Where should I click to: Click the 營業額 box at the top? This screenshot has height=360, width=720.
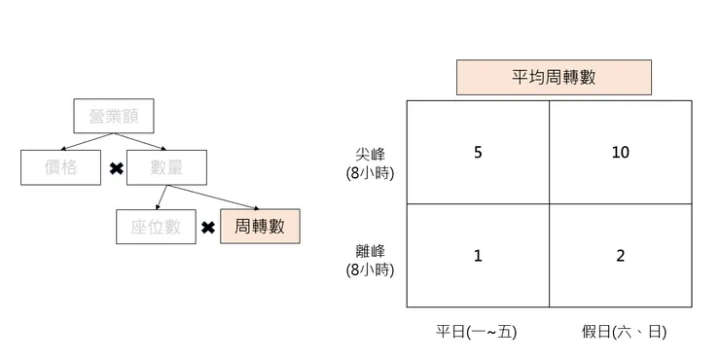click(114, 117)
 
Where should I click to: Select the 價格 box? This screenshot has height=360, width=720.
click(60, 168)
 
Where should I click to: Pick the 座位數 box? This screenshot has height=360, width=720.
click(156, 227)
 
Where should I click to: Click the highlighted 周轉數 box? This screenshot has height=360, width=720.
click(260, 227)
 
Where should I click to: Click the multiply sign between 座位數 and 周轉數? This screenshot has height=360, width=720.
click(207, 228)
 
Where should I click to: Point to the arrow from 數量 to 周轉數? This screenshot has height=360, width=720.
click(217, 198)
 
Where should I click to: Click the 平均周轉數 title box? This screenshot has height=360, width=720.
click(554, 77)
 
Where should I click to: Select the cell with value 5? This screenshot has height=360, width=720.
click(477, 153)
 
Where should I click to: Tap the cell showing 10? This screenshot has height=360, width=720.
click(621, 153)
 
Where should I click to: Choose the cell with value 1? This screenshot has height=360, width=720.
click(477, 256)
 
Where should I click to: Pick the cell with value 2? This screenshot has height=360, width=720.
click(621, 256)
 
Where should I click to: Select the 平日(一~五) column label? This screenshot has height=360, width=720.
click(476, 332)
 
